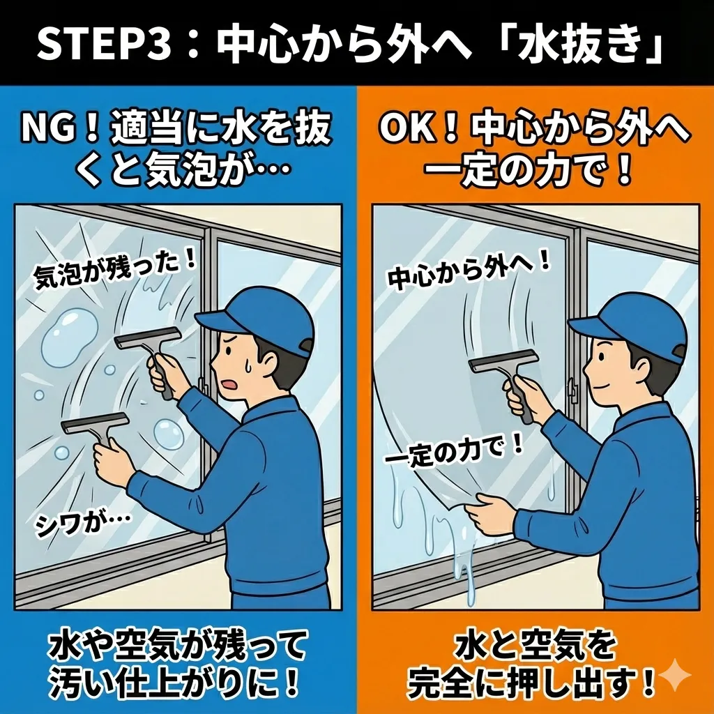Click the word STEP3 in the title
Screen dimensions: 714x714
(104, 44)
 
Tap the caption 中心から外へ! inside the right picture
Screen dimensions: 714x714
(469, 273)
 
